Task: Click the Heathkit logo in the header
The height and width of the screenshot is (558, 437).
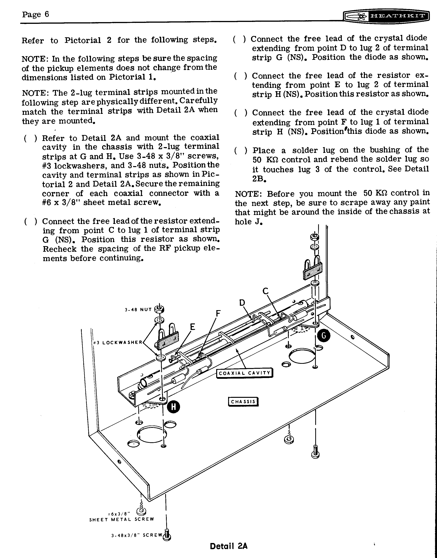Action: point(386,17)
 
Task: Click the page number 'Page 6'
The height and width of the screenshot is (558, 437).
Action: point(35,14)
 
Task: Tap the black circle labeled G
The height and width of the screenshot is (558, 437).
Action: point(324,336)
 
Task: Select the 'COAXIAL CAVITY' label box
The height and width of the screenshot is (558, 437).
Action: point(245,373)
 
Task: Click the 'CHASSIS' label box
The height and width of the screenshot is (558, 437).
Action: point(243,401)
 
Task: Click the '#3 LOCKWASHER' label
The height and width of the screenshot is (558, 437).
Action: point(118,342)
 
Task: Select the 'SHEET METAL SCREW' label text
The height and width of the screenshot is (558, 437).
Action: point(122,519)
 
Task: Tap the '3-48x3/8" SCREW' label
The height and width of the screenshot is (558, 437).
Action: point(137,535)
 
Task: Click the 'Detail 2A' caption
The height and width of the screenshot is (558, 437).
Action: point(229,546)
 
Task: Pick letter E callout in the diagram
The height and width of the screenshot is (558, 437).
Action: point(192,327)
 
